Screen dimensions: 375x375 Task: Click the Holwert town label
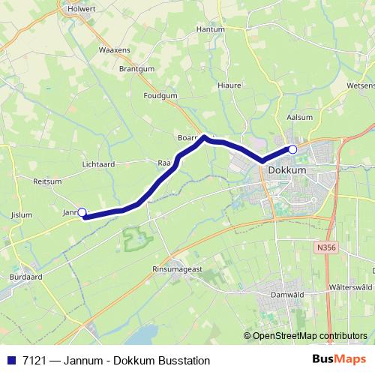[82, 10]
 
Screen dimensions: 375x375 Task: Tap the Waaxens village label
[113, 50]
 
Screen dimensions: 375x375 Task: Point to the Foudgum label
[160, 96]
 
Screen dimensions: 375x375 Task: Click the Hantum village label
[210, 29]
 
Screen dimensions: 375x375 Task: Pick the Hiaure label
[229, 85]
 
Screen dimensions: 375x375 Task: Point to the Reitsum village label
[47, 181]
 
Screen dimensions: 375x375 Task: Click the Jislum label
[22, 214]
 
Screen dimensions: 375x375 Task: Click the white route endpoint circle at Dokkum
[292, 149]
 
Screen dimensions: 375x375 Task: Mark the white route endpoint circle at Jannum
[82, 212]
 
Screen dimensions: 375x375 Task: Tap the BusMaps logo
[340, 359]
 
